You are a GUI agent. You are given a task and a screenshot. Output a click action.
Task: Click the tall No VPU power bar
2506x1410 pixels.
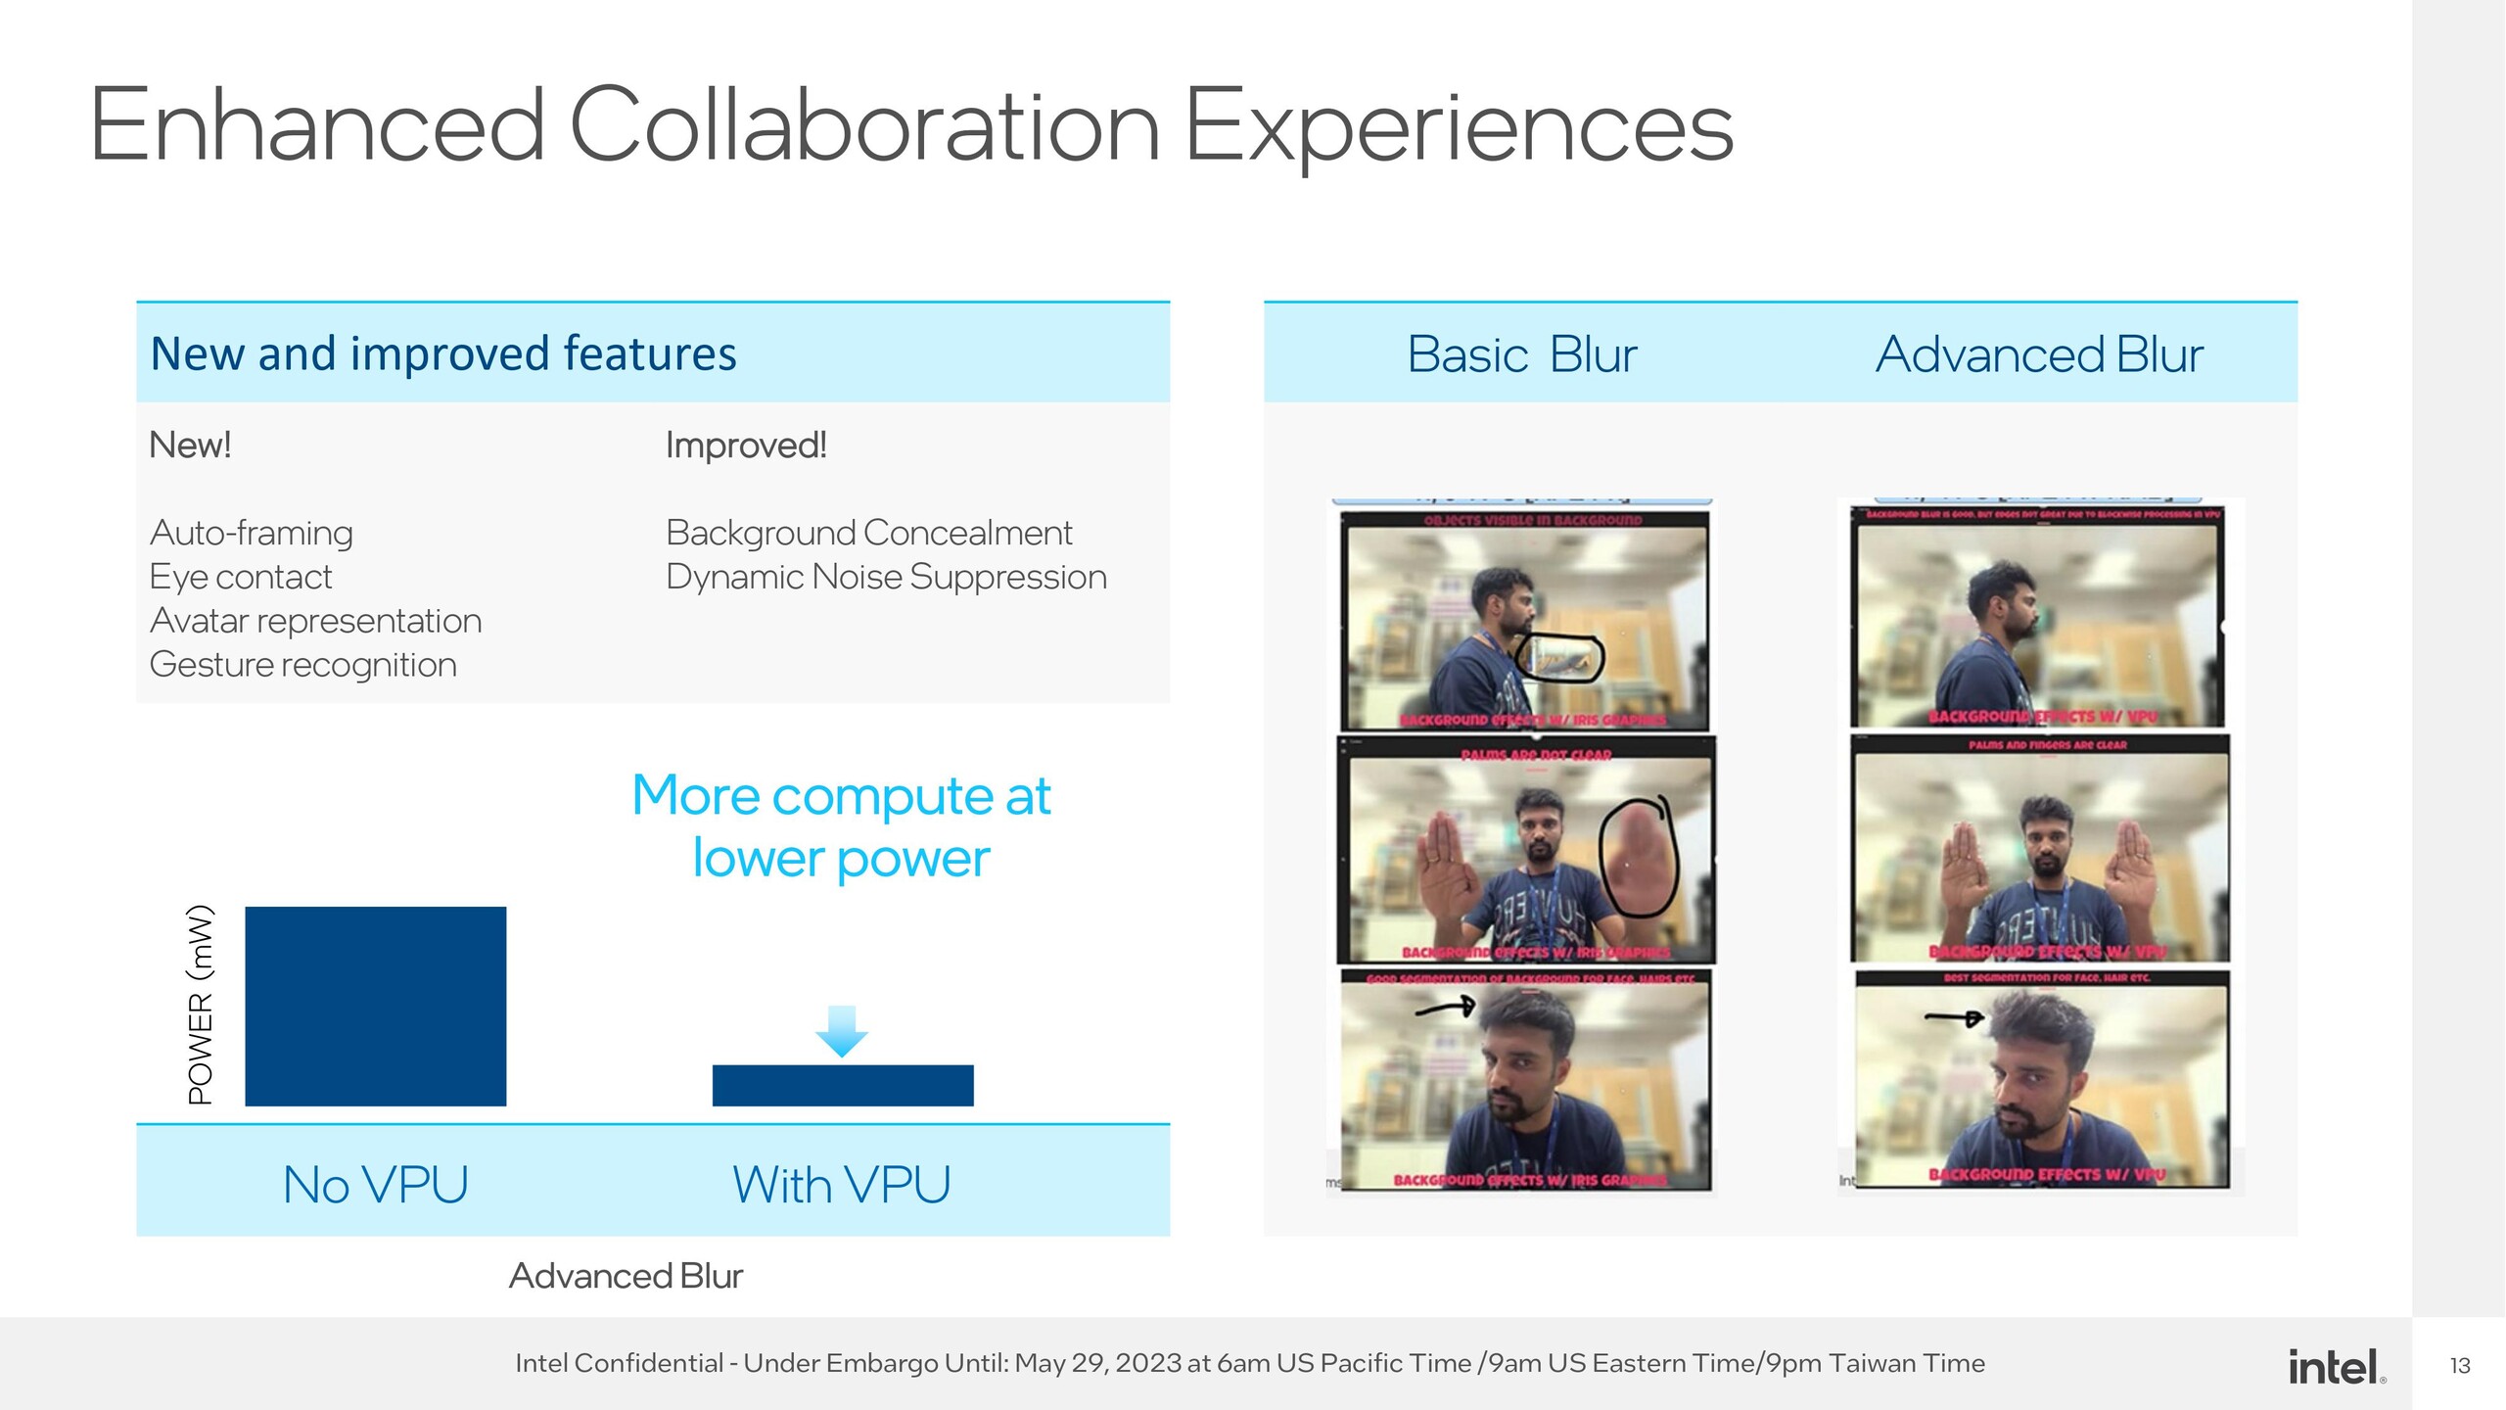coord(375,1006)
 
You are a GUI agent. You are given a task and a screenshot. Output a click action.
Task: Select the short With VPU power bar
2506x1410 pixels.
coord(842,1085)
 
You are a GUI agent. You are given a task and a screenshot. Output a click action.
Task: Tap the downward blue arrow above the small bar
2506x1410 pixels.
coord(841,1031)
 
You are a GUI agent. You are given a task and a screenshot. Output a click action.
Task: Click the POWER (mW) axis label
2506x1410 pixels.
coord(201,1005)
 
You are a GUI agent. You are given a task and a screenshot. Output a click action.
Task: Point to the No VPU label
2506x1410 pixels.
coord(375,1185)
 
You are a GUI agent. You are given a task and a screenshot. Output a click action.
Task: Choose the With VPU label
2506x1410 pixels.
coord(841,1185)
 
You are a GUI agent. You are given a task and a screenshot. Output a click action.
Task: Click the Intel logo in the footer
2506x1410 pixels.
coord(2335,1366)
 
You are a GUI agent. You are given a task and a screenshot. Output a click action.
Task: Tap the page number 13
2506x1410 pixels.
coord(2459,1366)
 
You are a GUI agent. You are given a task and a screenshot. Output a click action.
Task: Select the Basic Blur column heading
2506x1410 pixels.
coord(1521,354)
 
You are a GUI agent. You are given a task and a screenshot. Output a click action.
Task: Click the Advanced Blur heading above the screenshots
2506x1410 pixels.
coord(2038,354)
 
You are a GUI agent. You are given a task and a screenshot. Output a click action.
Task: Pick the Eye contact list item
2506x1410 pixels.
coord(241,577)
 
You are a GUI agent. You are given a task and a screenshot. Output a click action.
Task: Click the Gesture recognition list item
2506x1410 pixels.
coord(302,665)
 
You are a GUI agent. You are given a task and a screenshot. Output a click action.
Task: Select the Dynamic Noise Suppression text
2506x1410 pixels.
coord(886,577)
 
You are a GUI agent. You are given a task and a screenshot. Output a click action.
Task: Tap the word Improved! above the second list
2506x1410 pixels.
coord(746,446)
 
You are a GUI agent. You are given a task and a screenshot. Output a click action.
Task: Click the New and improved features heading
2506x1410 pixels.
coord(442,353)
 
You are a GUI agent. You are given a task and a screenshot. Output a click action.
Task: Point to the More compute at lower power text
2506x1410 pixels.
coord(841,825)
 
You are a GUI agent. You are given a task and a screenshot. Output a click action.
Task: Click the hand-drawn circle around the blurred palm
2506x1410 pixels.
coord(1639,855)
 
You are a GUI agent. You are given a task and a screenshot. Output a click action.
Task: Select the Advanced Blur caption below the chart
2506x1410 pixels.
coord(626,1276)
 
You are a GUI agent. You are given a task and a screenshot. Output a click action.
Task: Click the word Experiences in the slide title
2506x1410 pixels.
coord(1459,125)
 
